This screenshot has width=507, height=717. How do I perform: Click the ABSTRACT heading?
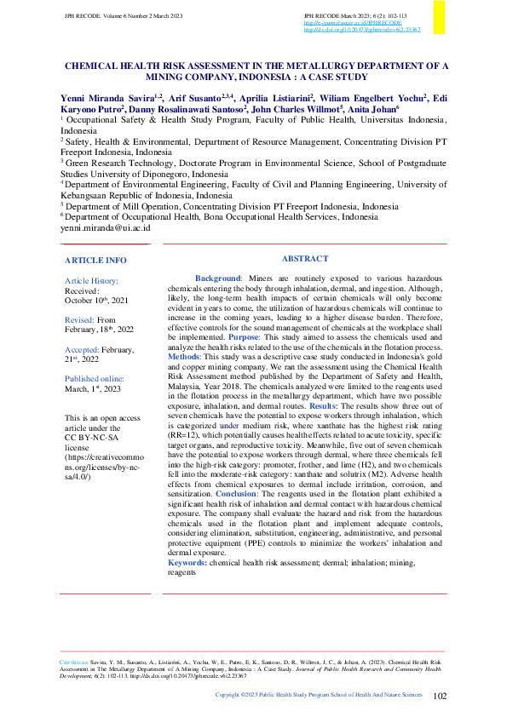tap(304, 258)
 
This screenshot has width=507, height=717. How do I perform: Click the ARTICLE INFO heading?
tap(95, 260)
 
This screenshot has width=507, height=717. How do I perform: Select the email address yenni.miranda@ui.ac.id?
tap(105, 228)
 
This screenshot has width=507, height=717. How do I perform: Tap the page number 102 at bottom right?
tap(440, 696)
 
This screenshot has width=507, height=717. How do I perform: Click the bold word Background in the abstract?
tap(218, 278)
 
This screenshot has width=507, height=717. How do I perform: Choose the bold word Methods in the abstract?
tap(185, 358)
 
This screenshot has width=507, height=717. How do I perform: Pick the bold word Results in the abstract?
tap(355, 408)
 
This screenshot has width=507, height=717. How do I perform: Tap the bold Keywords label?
tap(187, 563)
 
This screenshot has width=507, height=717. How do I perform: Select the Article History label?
tap(92, 280)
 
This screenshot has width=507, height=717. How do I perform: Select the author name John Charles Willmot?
tap(297, 109)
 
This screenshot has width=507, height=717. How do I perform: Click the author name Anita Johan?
tap(372, 109)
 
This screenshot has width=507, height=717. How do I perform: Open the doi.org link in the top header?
tap(361, 29)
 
